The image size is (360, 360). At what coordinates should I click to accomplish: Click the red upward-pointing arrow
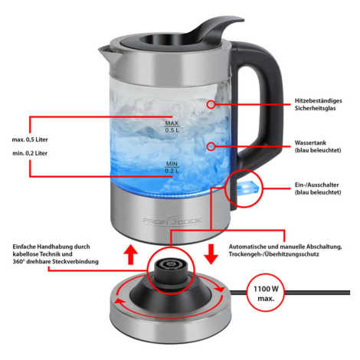(130, 254)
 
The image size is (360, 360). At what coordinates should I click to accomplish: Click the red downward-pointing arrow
(211, 254)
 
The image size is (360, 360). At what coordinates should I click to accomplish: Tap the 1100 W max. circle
(266, 293)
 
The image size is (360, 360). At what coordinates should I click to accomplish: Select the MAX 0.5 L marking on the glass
(172, 127)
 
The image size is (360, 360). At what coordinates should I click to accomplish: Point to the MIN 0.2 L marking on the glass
(172, 168)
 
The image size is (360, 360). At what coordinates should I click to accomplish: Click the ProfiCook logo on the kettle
(172, 220)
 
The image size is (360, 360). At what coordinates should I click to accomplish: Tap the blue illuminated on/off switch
(249, 188)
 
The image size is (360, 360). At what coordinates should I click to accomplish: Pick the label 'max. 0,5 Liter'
(30, 139)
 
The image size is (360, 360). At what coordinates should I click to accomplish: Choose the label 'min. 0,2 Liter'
(30, 153)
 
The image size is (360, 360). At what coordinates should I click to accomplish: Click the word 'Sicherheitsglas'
(315, 108)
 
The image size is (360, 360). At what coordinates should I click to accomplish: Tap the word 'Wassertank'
(310, 142)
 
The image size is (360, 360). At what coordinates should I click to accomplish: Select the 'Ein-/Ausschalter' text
(317, 185)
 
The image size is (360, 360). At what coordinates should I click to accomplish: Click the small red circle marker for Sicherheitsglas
(211, 104)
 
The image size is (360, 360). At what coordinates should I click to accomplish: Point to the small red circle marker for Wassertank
(211, 146)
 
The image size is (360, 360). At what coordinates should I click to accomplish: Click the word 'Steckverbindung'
(75, 262)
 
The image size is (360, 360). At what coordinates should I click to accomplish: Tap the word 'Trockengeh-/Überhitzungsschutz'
(273, 254)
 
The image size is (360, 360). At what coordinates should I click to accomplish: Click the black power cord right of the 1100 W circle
(317, 293)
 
